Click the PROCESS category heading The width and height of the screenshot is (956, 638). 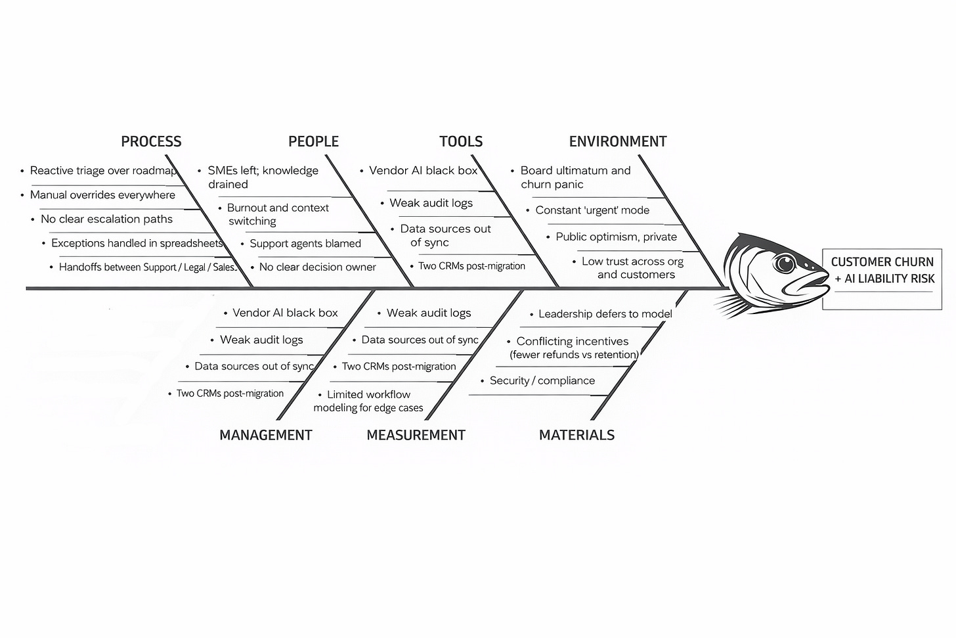coord(151,141)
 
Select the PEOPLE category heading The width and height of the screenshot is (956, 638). coord(313,141)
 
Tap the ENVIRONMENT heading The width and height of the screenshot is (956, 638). coord(617,141)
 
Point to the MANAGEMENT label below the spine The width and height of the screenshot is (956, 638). coord(265,435)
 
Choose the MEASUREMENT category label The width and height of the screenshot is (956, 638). coord(416,435)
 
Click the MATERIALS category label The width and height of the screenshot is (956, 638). coord(576,435)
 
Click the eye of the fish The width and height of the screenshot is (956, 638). coord(785,264)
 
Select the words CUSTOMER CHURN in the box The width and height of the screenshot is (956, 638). coord(882,262)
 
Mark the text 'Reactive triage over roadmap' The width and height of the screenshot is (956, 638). coord(104,171)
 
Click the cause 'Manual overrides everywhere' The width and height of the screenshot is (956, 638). coord(102,195)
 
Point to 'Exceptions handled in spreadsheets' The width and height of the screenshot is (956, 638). coord(137,243)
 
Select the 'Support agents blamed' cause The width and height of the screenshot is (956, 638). coord(305,244)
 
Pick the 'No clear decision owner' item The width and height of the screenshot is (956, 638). coord(317,267)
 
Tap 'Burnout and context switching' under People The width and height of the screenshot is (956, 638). coord(278,214)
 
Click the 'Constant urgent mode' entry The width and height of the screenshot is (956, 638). coord(592,210)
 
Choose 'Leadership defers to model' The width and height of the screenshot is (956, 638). coord(605,314)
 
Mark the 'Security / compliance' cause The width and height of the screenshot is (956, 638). coord(542,381)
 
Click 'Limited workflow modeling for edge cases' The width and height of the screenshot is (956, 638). coord(368,401)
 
